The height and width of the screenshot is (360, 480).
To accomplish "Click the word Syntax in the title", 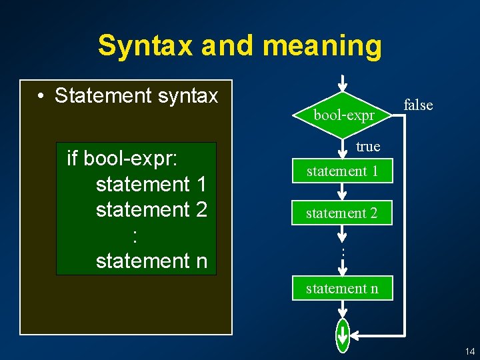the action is pyautogui.click(x=145, y=46).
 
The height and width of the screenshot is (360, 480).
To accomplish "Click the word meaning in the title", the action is pyautogui.click(x=322, y=46).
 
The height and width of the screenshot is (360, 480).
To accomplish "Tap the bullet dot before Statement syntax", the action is pyautogui.click(x=41, y=97).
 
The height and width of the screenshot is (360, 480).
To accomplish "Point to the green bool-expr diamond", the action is pyautogui.click(x=343, y=114).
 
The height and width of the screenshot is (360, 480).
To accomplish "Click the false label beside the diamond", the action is pyautogui.click(x=418, y=105).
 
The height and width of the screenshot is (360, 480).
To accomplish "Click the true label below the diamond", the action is pyautogui.click(x=368, y=146).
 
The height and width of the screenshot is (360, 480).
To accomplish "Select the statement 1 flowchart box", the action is pyautogui.click(x=342, y=171).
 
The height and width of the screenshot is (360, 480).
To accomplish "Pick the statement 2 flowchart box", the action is pyautogui.click(x=342, y=213).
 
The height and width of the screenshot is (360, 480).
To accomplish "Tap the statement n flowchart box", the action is pyautogui.click(x=342, y=288).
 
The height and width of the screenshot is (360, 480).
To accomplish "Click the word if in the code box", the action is pyautogui.click(x=73, y=158).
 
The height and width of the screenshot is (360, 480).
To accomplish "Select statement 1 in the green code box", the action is pyautogui.click(x=151, y=183).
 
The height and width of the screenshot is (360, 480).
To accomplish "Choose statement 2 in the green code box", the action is pyautogui.click(x=151, y=209).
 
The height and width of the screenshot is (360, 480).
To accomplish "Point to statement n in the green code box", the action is pyautogui.click(x=151, y=261).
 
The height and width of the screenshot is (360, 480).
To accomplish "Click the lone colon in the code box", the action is pyautogui.click(x=135, y=235).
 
